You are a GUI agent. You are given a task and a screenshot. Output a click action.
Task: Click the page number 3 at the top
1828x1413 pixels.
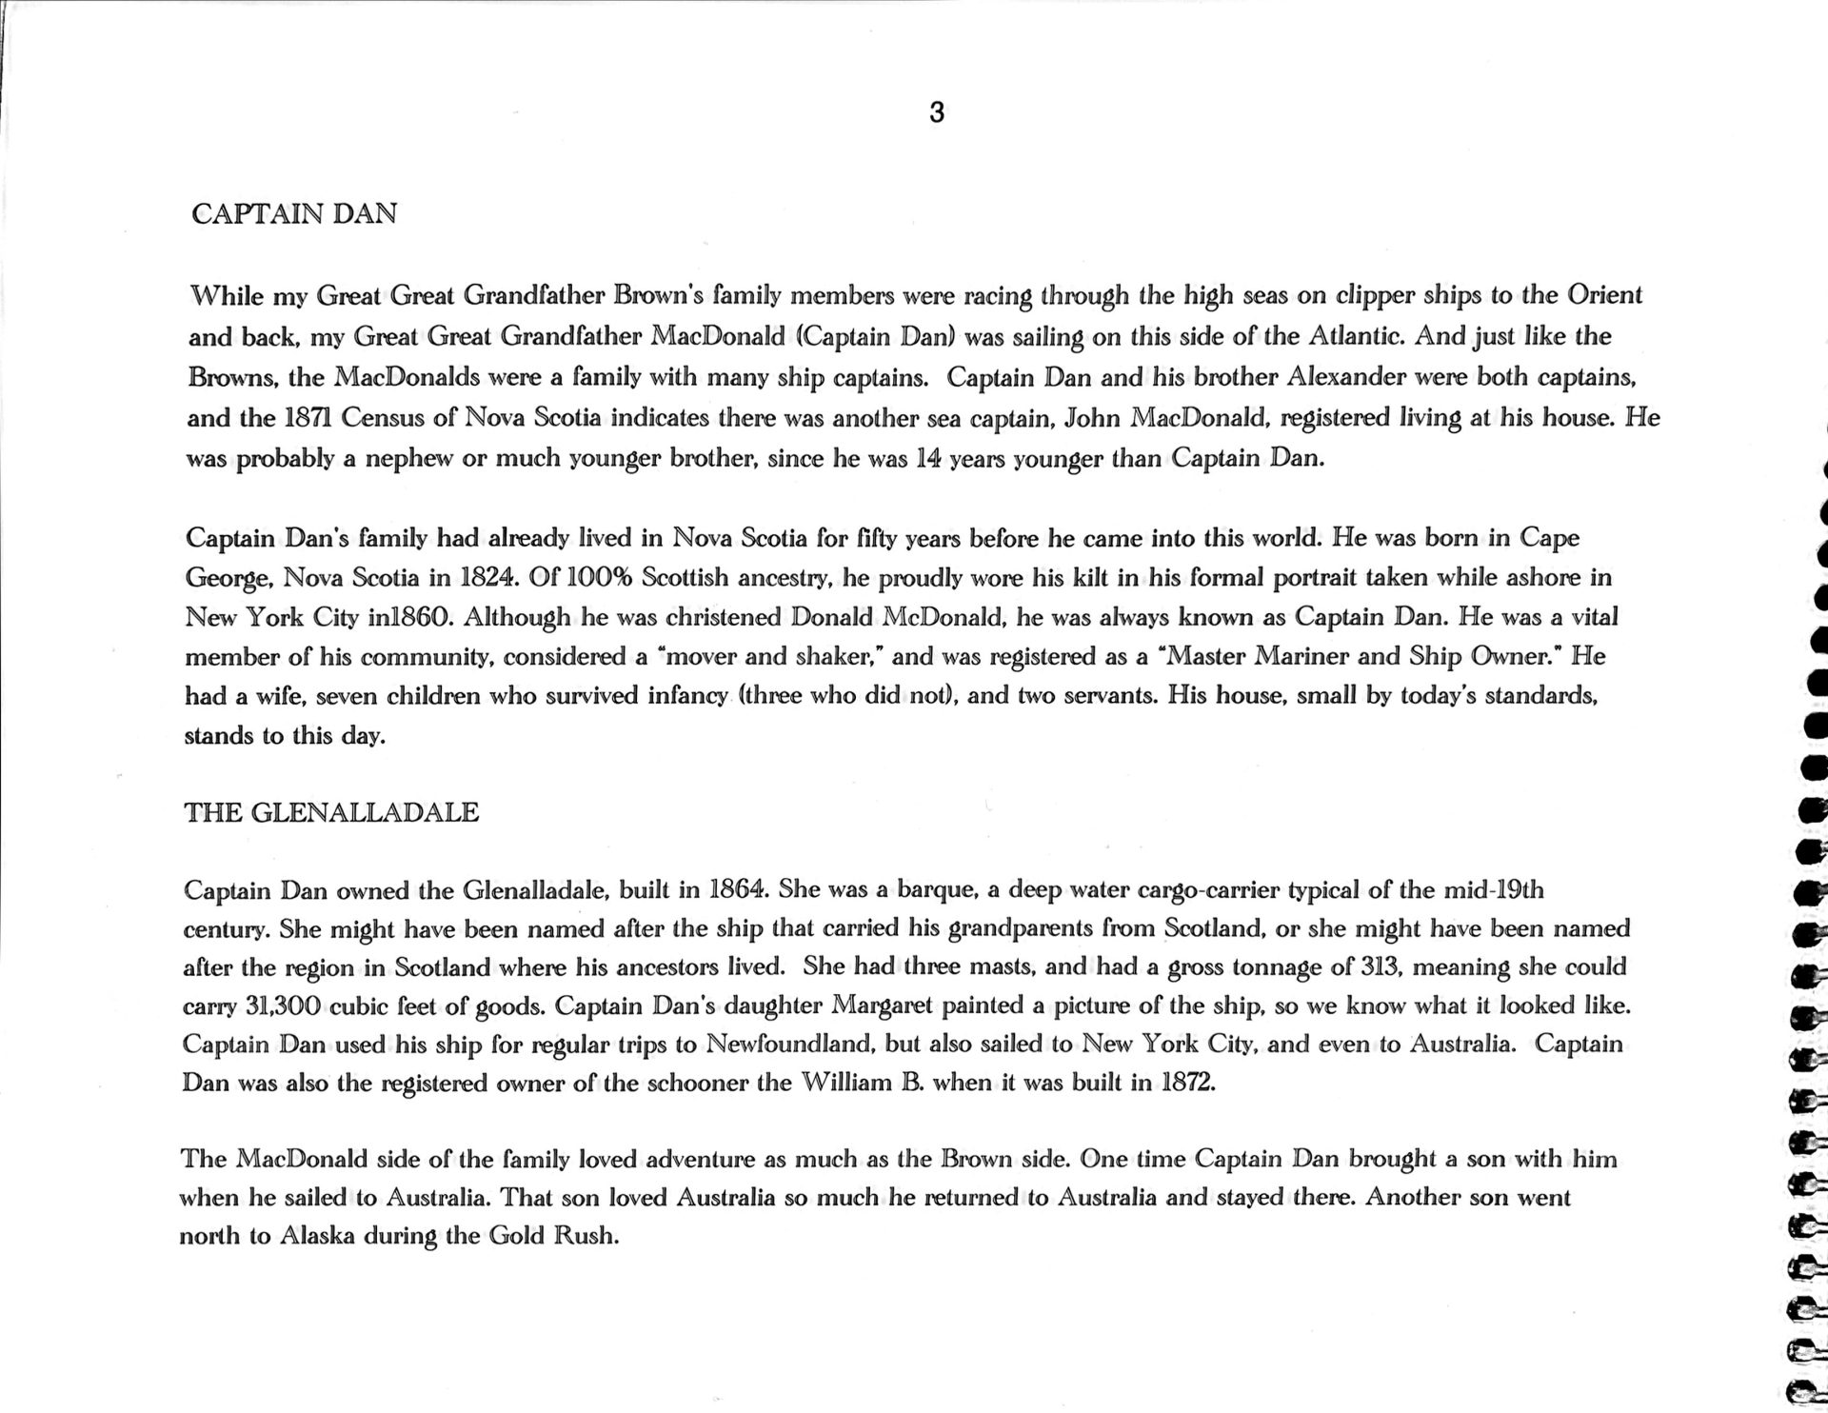[x=936, y=113]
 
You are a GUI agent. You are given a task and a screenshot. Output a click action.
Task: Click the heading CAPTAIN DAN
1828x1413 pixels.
[x=294, y=213]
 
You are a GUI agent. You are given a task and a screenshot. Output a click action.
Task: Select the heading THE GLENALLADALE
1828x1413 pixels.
[x=331, y=812]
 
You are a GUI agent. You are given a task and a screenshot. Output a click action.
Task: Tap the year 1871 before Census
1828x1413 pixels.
[x=308, y=418]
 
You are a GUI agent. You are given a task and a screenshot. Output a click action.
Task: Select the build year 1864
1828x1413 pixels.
[x=738, y=890]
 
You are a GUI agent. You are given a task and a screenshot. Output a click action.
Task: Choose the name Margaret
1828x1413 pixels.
[x=884, y=1005]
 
